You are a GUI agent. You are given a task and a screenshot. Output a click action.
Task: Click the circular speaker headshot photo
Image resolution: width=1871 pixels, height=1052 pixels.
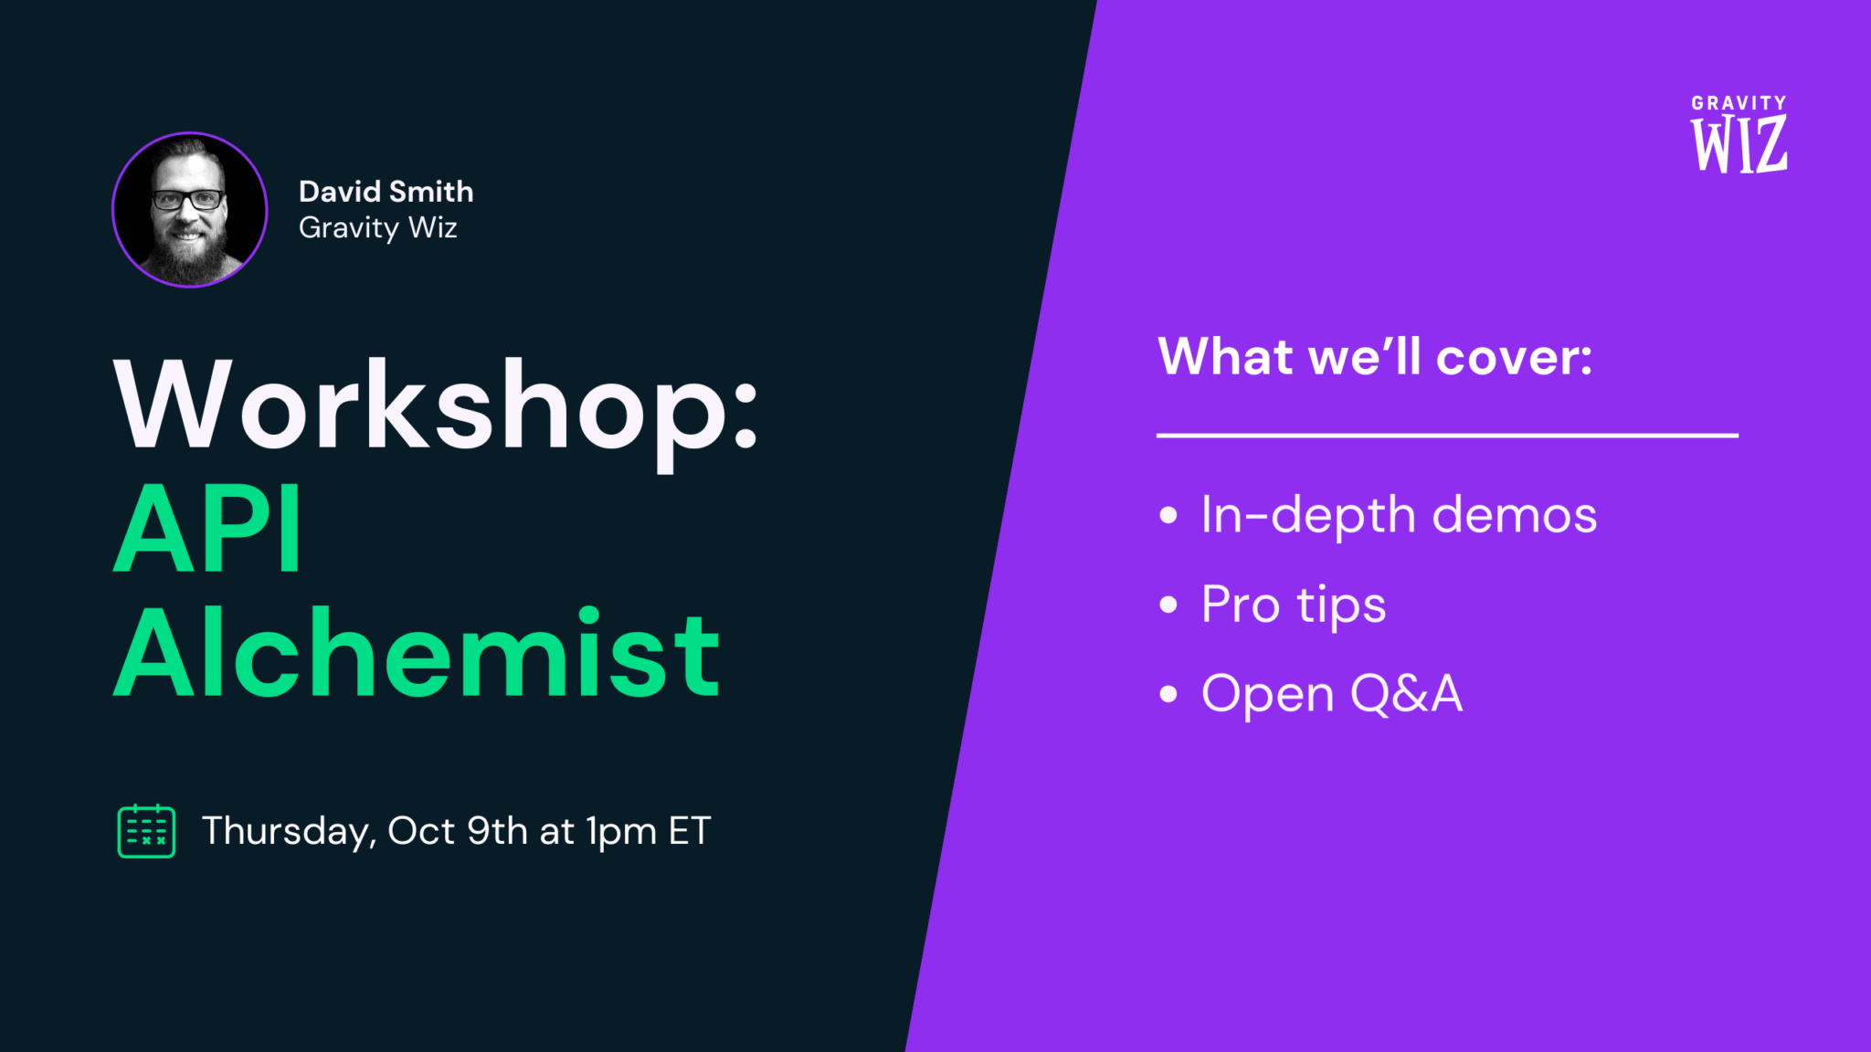[x=189, y=210]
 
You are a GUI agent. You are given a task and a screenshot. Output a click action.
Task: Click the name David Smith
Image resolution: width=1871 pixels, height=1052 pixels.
[x=386, y=192]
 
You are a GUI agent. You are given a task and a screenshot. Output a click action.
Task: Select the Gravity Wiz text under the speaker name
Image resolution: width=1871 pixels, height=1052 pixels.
[x=377, y=227]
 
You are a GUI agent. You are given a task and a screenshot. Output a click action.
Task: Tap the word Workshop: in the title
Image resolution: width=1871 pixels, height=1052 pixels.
[x=436, y=407]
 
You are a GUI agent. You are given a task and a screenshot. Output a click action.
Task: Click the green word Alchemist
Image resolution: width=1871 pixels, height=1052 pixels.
[x=417, y=653]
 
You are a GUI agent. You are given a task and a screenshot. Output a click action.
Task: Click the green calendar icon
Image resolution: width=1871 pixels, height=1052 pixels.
[x=146, y=831]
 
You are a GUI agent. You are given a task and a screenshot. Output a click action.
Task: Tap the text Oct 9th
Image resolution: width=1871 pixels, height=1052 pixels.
[x=458, y=831]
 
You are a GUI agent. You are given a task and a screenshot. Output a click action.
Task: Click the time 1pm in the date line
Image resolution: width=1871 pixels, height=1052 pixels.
[x=621, y=831]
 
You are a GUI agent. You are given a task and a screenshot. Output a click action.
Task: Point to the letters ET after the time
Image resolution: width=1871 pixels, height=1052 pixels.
[x=690, y=831]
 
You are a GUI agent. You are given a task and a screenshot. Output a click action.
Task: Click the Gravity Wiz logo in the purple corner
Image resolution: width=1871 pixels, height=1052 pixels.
[x=1739, y=134]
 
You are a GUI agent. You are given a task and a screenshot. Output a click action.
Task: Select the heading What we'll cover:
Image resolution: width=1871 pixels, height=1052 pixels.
[x=1375, y=356]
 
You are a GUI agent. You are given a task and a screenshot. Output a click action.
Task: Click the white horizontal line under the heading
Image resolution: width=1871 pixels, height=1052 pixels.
[x=1447, y=436]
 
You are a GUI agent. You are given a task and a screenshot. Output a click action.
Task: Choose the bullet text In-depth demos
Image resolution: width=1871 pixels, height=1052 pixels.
[x=1399, y=515]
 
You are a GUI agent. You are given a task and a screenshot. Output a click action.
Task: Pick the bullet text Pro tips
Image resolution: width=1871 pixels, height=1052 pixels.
[x=1294, y=605]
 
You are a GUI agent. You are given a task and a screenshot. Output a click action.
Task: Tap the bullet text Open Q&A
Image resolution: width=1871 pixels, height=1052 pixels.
[x=1332, y=694]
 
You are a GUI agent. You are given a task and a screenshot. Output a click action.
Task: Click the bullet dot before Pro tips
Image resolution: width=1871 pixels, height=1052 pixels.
[x=1168, y=605]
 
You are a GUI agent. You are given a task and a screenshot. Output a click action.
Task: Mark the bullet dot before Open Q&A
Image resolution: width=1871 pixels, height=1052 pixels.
[x=1168, y=694]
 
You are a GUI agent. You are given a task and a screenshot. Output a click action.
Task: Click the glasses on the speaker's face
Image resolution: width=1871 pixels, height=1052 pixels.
[x=188, y=200]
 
